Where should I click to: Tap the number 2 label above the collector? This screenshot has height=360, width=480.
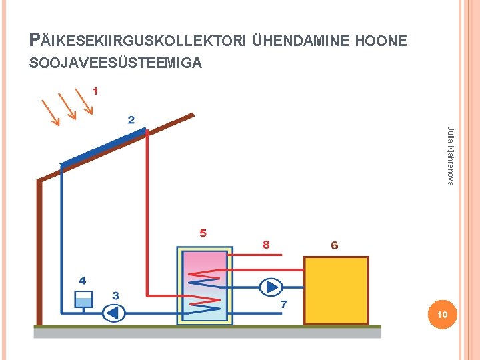point(131,120)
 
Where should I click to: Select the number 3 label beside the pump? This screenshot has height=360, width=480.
point(115,295)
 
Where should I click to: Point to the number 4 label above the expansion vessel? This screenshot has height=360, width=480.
point(83,281)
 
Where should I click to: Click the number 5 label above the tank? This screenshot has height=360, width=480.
point(203,233)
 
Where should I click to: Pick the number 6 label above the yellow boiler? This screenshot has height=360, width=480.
point(335,245)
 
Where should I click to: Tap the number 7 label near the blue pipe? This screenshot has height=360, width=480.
point(283,304)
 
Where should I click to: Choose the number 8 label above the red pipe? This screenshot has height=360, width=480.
point(266,245)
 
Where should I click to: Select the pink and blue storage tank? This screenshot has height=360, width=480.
point(205,285)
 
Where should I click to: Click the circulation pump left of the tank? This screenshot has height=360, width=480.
point(114,312)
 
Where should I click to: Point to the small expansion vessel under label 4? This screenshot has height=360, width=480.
point(83,299)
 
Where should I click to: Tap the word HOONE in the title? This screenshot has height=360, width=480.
point(382,41)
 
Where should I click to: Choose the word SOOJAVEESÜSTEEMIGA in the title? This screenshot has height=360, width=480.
point(115,64)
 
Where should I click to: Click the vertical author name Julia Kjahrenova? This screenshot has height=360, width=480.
point(450,156)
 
